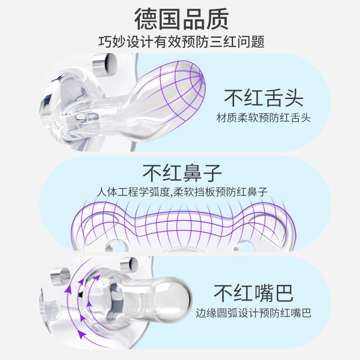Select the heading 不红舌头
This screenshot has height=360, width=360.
coord(264,98)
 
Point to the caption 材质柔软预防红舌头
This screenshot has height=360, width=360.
coord(264,118)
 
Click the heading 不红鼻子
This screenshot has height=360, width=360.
coord(182,172)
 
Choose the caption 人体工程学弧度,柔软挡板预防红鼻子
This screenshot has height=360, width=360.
coord(182,192)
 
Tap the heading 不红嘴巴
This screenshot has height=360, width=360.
coord(254,293)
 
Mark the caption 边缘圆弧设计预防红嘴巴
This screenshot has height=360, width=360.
coord(254,313)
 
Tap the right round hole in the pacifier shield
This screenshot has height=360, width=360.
coord(245,246)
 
